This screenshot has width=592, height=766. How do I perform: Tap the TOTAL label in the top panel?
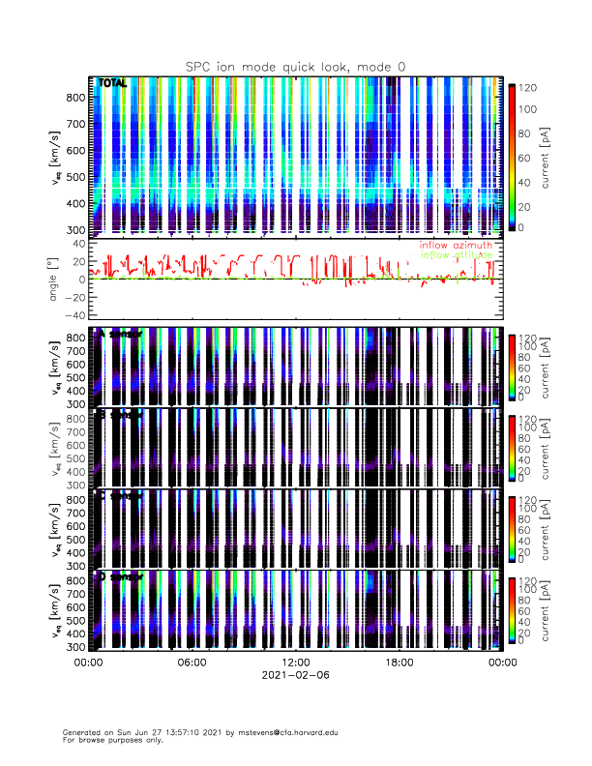113,83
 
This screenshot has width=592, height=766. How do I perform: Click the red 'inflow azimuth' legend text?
456,246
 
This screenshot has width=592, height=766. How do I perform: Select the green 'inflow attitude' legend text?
456,255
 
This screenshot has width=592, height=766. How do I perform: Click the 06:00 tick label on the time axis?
192,663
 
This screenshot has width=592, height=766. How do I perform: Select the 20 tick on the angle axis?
74,261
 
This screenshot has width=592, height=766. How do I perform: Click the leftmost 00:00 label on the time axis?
88,663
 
